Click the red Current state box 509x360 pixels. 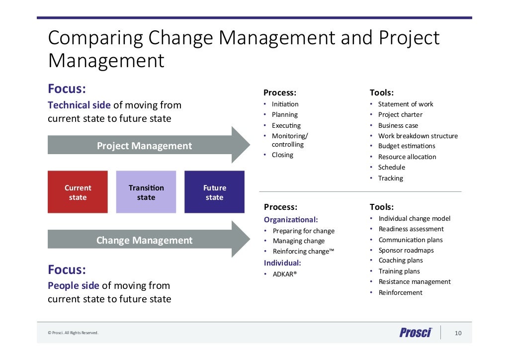[x=78, y=192]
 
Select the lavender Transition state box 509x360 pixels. [x=146, y=192]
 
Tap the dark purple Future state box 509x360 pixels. [x=214, y=192]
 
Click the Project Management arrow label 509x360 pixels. [x=144, y=146]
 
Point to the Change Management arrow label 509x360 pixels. [x=144, y=240]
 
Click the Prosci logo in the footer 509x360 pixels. [x=416, y=333]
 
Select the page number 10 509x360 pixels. [x=458, y=333]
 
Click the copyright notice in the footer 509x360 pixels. [x=73, y=333]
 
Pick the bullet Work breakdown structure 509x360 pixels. [x=418, y=136]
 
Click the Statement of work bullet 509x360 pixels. [x=405, y=104]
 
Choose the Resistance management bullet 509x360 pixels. [x=415, y=281]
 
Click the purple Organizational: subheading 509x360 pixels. [x=291, y=219]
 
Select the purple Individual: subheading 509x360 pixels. [x=282, y=263]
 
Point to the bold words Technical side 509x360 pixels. [x=76, y=105]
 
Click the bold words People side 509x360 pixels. [x=73, y=285]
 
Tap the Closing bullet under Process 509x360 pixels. [x=282, y=155]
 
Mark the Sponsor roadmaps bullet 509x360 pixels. [x=406, y=250]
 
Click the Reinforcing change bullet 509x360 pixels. [x=303, y=251]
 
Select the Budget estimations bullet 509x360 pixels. [x=406, y=146]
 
